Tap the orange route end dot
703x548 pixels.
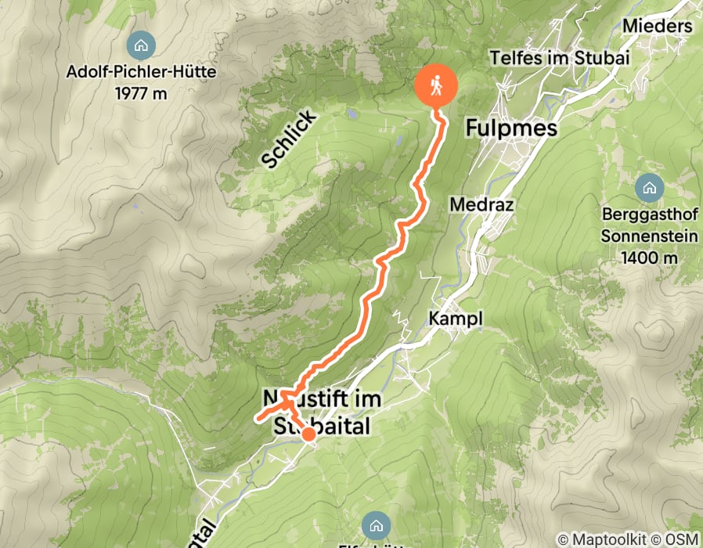[x=308, y=434]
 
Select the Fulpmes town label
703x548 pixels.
[x=511, y=128]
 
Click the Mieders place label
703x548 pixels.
[x=658, y=26]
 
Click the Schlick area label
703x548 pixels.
[x=289, y=139]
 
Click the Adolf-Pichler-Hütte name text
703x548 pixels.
[x=140, y=73]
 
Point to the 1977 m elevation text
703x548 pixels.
[x=140, y=93]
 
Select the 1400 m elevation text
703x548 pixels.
[x=649, y=257]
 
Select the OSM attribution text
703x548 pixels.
[x=683, y=539]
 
